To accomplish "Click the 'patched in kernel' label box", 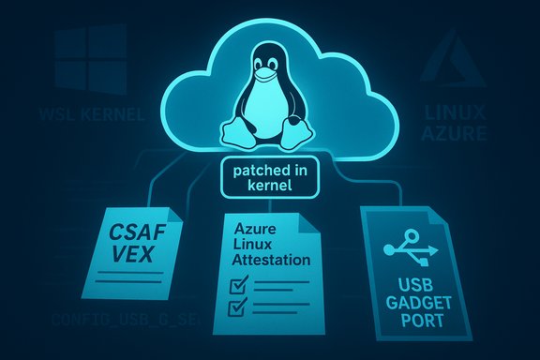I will click(266, 182).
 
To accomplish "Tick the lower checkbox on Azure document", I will click(238, 307).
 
